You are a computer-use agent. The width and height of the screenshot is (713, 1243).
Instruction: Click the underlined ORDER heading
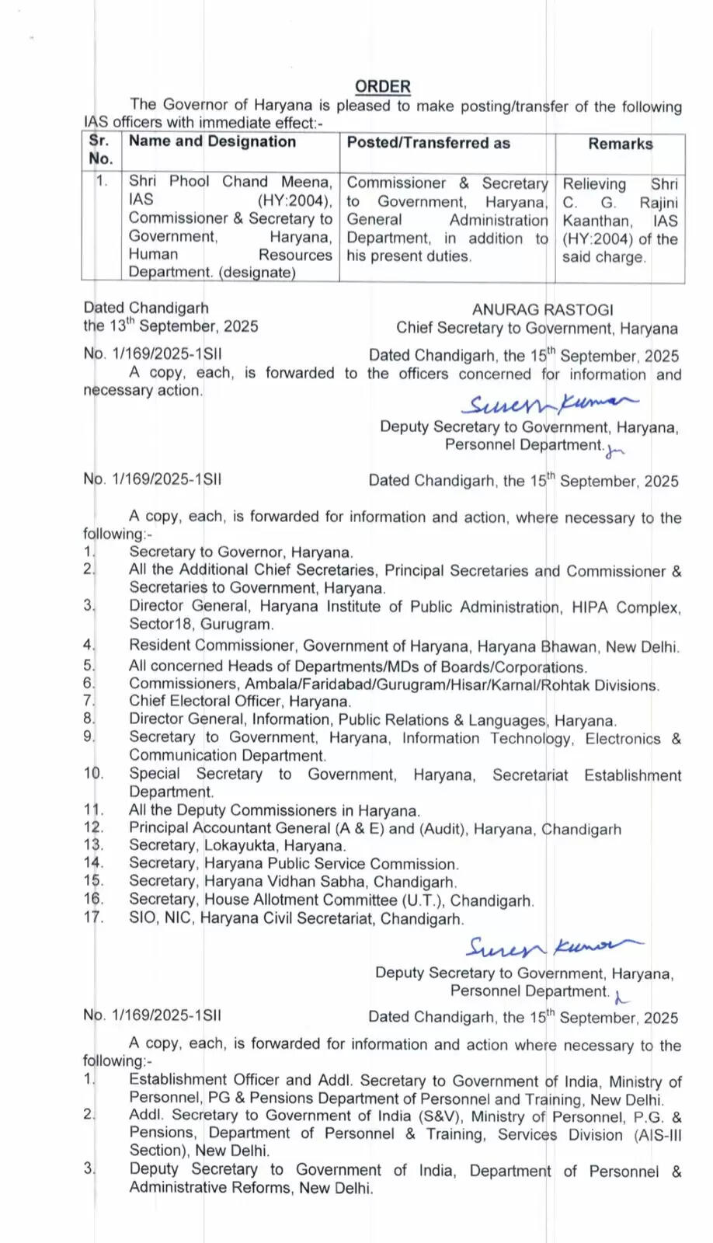click(382, 86)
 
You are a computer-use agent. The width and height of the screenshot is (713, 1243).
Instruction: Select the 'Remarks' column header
click(620, 144)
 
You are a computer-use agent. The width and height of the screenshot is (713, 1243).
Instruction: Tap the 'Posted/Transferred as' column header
click(428, 142)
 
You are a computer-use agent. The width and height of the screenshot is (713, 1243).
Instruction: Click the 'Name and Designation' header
click(212, 141)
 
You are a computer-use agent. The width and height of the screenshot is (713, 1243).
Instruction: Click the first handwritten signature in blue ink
click(548, 404)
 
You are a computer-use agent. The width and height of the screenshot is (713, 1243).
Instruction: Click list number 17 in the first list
click(93, 917)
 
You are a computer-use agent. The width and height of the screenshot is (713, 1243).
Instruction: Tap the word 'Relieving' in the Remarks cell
click(594, 184)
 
